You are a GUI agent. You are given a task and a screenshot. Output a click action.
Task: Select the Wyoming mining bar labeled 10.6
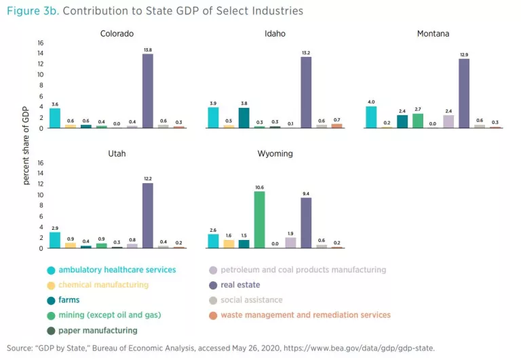(x=258, y=220)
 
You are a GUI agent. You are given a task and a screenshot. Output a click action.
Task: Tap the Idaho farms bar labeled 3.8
(x=244, y=118)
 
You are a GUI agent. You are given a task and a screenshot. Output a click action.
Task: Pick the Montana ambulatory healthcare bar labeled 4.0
(x=371, y=117)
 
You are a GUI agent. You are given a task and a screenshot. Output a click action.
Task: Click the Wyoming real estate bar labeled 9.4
(x=306, y=222)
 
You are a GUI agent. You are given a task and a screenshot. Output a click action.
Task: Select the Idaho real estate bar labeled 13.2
(x=306, y=92)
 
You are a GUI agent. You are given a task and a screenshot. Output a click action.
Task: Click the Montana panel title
(x=433, y=33)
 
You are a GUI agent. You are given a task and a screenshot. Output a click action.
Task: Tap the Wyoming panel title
(x=275, y=154)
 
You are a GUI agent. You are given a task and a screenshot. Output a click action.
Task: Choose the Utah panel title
(x=116, y=154)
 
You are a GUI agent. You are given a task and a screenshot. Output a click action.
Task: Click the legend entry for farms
(x=69, y=300)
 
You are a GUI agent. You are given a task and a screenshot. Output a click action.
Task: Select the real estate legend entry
(x=239, y=285)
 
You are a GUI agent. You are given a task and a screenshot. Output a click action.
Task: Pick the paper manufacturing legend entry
(x=98, y=330)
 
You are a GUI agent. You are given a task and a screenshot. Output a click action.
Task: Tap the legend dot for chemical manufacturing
(x=52, y=285)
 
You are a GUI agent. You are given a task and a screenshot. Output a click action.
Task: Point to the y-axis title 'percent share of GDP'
(x=26, y=147)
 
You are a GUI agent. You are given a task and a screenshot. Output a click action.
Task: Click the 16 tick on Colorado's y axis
(x=40, y=43)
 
